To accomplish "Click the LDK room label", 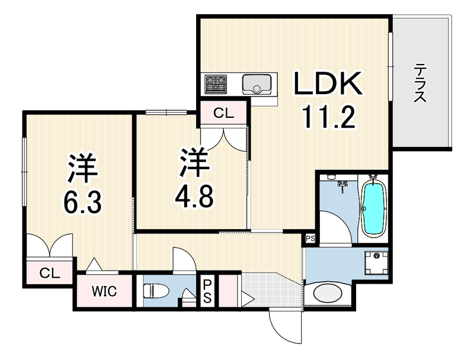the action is click(x=328, y=83).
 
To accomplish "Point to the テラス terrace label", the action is click(x=419, y=83).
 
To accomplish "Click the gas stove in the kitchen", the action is click(x=216, y=83).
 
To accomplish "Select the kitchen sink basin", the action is click(x=257, y=83).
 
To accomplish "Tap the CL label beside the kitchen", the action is click(x=224, y=113).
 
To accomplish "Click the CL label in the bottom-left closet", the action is click(x=50, y=274).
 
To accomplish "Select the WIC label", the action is click(x=104, y=291).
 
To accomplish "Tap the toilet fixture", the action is click(x=156, y=291).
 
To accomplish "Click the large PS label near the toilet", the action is click(x=207, y=291).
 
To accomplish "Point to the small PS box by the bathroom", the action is click(x=310, y=239).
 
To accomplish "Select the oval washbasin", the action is click(x=328, y=292).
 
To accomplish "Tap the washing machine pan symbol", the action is click(x=376, y=263).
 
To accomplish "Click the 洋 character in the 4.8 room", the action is click(x=195, y=162).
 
